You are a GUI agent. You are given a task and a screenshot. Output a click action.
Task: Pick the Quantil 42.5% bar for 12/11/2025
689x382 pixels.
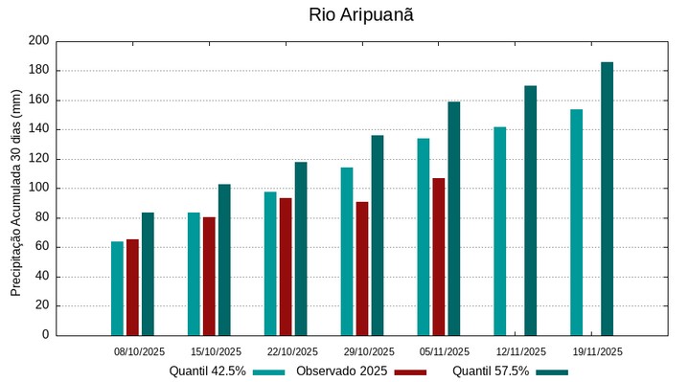click(x=499, y=231)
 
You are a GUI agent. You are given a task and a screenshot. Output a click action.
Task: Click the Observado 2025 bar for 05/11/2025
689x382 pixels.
click(x=438, y=257)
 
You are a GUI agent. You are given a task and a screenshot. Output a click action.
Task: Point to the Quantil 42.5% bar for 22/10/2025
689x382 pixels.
click(x=270, y=263)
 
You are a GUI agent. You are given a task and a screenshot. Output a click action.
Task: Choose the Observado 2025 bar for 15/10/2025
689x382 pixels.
click(x=209, y=276)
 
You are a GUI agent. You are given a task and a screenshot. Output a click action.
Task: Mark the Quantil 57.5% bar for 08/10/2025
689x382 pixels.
click(x=148, y=274)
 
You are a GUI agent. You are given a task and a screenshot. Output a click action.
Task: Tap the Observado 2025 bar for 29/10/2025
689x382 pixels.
click(x=362, y=268)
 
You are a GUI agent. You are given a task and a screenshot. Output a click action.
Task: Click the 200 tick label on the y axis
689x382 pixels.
click(x=38, y=41)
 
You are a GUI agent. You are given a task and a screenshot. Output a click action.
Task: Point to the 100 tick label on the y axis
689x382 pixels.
click(x=38, y=189)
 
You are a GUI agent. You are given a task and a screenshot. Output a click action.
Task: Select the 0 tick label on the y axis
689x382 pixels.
click(x=44, y=335)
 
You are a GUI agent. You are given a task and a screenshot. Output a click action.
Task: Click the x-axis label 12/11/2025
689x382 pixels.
click(x=521, y=351)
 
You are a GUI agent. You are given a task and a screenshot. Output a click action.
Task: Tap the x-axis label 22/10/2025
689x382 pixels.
click(x=292, y=351)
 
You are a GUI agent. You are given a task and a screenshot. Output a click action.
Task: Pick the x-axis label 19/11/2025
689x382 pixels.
click(x=598, y=351)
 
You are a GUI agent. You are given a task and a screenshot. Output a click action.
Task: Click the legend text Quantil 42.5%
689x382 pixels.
click(x=208, y=371)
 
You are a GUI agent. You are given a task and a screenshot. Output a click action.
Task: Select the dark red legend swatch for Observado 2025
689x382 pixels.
click(x=410, y=371)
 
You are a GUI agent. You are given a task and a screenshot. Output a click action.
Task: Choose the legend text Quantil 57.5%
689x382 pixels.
click(x=491, y=371)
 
